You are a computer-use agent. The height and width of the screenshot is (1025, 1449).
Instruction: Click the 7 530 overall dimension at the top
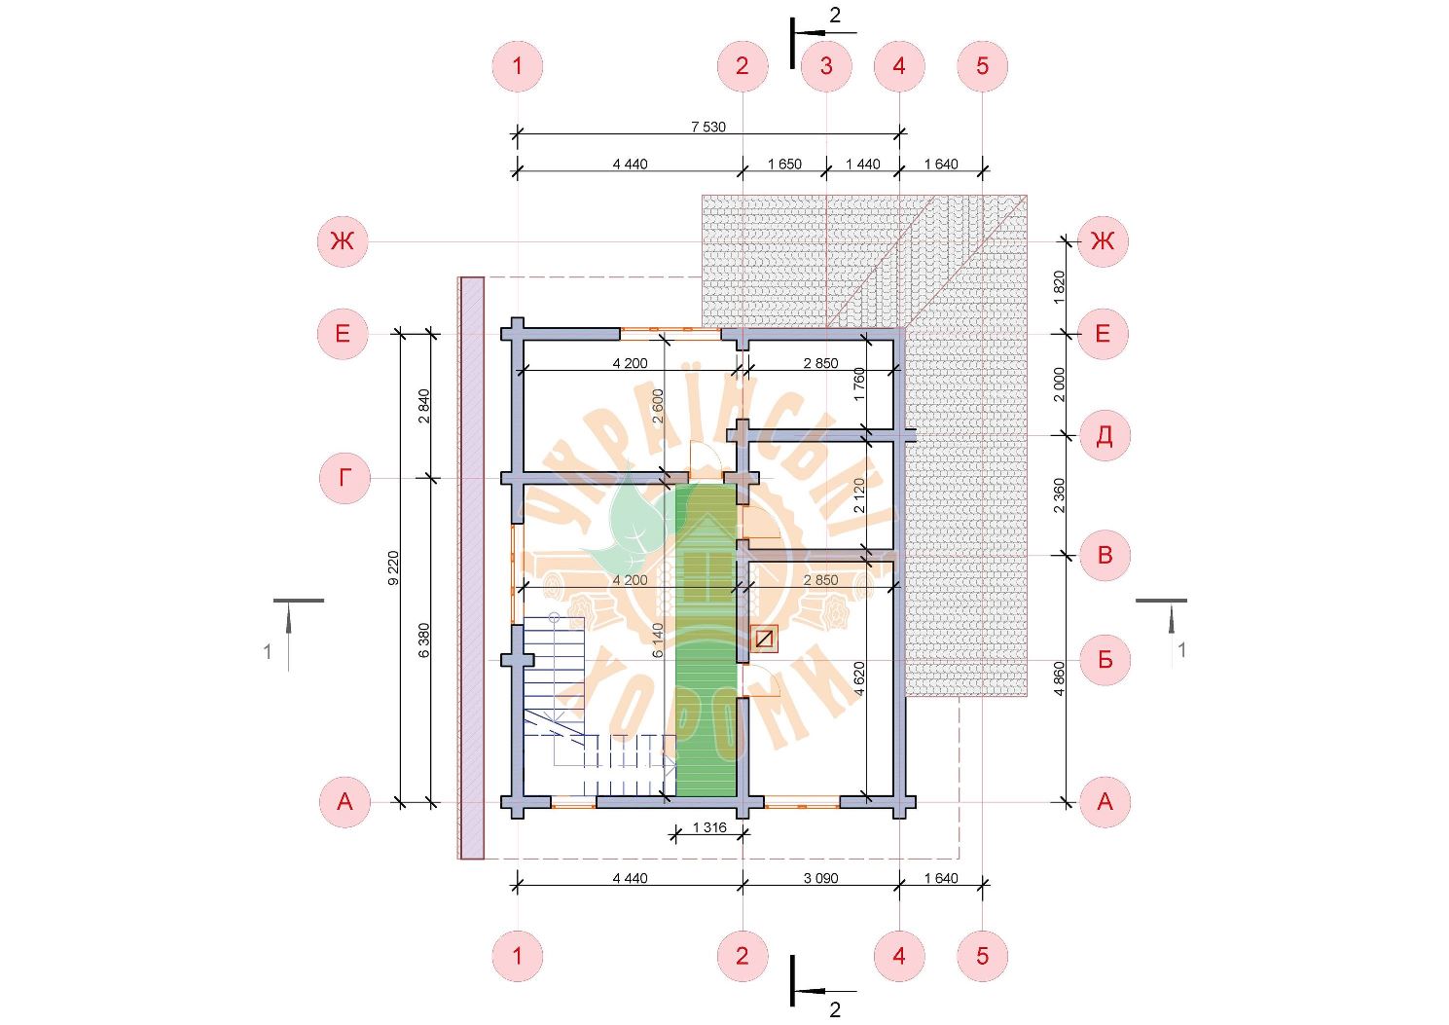point(708,127)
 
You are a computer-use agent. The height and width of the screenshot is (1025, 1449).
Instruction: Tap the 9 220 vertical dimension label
point(393,568)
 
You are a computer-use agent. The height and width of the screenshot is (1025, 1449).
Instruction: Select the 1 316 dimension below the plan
point(709,827)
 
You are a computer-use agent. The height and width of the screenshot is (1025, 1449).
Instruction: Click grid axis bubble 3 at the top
point(826,66)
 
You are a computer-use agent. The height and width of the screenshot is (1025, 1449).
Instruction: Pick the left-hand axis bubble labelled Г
point(344,478)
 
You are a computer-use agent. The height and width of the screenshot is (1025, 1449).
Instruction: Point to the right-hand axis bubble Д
point(1105,435)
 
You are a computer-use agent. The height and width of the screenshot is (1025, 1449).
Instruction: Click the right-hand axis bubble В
point(1105,555)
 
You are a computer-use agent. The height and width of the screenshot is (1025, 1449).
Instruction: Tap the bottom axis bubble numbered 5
point(982,956)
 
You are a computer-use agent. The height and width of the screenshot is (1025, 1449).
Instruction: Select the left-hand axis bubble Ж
point(343,241)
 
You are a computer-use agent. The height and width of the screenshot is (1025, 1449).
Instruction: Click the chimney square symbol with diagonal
point(764,639)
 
